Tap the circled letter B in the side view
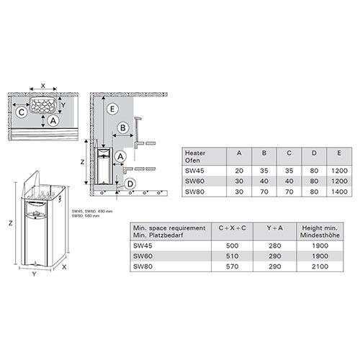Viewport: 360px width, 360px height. [123, 127]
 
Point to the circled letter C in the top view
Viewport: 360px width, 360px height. [22, 112]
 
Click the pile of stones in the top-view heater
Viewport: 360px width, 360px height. [47, 102]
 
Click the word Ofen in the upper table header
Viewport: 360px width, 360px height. [192, 160]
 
